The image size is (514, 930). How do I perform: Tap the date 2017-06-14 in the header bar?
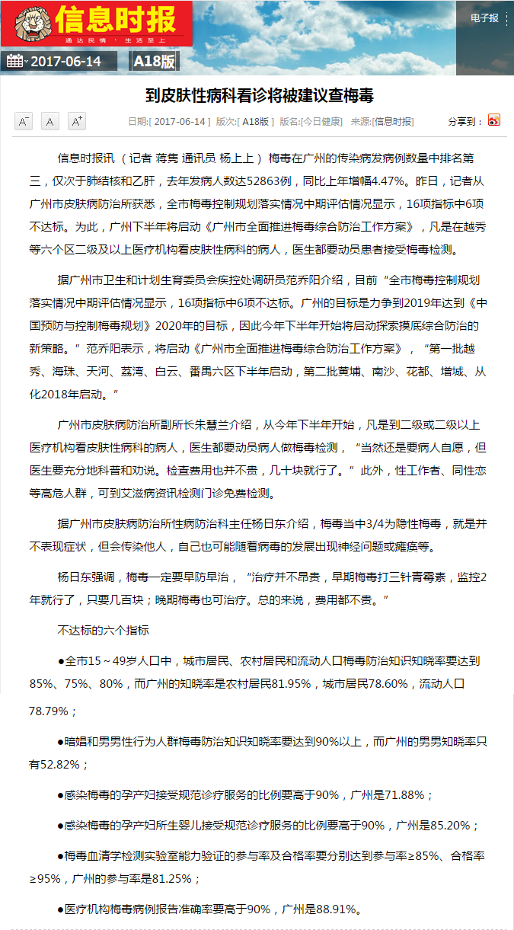point(66,62)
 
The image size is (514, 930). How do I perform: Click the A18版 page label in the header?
point(154,62)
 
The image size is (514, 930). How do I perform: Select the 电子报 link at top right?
point(484,18)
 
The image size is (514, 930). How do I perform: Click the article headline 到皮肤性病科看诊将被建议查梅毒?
point(260,95)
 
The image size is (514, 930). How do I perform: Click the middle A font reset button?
point(49,121)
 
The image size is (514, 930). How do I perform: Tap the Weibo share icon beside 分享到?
point(494,121)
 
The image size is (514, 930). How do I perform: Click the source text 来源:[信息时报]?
point(382,122)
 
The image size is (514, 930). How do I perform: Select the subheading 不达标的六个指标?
point(104,631)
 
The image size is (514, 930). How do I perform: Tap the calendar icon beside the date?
point(15,62)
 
